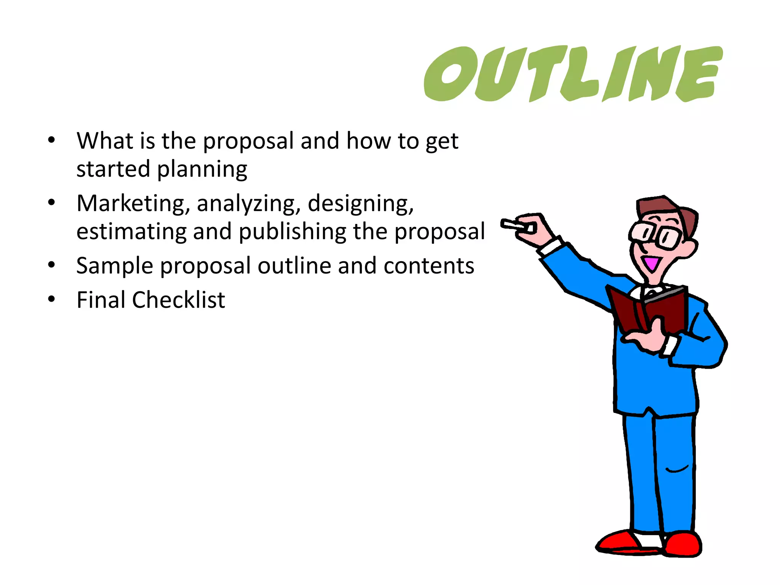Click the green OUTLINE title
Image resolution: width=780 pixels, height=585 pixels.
point(573,74)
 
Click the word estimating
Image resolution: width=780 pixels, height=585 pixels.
point(131,232)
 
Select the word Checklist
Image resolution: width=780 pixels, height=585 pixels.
point(179,300)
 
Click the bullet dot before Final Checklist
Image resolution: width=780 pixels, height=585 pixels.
point(51,299)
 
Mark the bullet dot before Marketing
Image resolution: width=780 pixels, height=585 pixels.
point(51,203)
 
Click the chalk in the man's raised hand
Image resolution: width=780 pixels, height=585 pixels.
point(512,225)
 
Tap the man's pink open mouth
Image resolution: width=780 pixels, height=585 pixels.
point(652,263)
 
